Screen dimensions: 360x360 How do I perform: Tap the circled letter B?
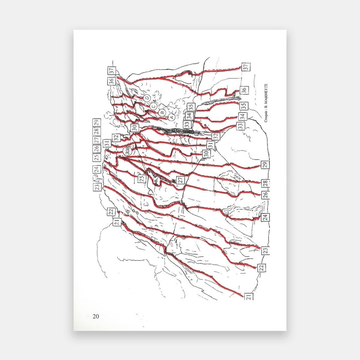(x=162, y=112)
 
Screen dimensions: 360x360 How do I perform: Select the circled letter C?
(x=153, y=105)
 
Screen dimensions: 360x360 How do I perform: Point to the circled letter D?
(x=147, y=97)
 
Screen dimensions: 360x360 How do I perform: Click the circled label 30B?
(x=128, y=150)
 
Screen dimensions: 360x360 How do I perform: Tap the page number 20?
(x=96, y=316)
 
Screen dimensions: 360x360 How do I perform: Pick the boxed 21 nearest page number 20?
(x=249, y=296)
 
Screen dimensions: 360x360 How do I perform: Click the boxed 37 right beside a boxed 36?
(x=111, y=71)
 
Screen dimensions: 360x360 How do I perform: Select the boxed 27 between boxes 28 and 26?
(x=96, y=140)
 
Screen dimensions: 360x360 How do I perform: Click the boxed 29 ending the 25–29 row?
(x=96, y=123)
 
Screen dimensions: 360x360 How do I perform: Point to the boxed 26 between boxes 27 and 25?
(x=96, y=149)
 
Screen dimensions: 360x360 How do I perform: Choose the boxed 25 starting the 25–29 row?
(x=96, y=157)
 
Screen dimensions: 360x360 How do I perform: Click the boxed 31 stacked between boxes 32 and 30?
(x=210, y=144)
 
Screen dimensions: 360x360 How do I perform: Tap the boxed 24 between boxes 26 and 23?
(x=265, y=217)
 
